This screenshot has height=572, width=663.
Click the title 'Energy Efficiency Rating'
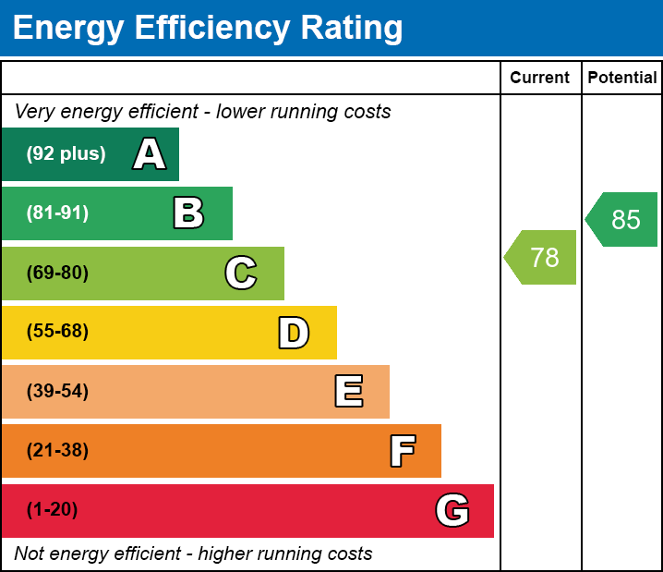(208, 29)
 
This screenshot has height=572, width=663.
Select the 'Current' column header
(540, 79)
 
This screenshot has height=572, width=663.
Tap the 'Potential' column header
(622, 79)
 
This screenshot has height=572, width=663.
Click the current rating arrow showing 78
(542, 258)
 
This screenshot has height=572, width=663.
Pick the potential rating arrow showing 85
(623, 220)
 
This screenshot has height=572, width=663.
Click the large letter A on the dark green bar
(150, 154)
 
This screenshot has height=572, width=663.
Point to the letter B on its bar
(188, 213)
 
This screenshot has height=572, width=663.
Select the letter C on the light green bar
(241, 273)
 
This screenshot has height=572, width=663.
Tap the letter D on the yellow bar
(294, 333)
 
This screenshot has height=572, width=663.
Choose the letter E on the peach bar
(348, 392)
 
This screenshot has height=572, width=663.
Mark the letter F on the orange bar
(402, 451)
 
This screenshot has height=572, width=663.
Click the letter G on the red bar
(452, 510)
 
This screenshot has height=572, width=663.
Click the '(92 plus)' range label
(66, 154)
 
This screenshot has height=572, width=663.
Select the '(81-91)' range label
(57, 213)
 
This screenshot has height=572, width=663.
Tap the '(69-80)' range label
(57, 273)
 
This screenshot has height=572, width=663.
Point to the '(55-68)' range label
(57, 332)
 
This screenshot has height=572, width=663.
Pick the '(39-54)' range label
(57, 392)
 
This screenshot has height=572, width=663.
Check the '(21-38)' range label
(57, 451)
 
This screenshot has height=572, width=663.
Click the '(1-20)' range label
(53, 510)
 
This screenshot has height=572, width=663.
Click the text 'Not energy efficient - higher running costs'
(193, 554)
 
